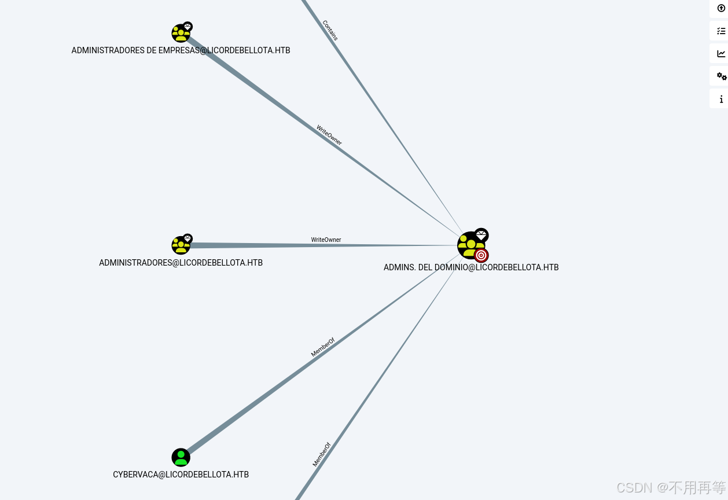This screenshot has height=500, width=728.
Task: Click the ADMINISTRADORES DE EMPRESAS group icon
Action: click(180, 34)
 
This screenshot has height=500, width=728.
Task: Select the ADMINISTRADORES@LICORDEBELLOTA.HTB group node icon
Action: click(180, 245)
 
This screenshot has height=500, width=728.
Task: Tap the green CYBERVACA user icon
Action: click(181, 457)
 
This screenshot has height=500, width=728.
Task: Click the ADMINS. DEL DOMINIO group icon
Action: click(469, 245)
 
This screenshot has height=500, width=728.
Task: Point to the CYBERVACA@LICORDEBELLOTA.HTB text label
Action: click(181, 475)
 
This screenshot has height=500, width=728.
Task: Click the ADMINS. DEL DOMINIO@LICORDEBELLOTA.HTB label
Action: click(470, 267)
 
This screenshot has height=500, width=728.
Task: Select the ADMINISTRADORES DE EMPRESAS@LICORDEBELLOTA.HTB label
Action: click(181, 50)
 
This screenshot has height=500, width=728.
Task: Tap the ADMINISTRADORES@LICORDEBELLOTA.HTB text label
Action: click(181, 263)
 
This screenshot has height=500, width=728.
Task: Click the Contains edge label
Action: click(330, 30)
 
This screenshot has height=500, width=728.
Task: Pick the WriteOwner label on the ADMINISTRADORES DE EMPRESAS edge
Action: click(329, 135)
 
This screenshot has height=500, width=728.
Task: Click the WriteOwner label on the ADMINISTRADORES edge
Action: click(326, 240)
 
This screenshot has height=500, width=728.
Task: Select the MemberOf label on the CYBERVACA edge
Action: click(322, 347)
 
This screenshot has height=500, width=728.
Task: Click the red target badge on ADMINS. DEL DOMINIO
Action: click(481, 255)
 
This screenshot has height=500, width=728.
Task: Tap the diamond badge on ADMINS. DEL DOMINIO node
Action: click(481, 234)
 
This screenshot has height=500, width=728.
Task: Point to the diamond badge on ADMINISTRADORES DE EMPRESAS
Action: click(187, 27)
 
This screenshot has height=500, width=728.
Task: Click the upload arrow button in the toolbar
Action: click(721, 8)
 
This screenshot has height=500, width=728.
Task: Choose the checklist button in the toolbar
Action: click(721, 31)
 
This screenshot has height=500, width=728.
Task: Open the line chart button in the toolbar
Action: click(721, 53)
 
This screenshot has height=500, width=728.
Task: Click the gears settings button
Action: click(721, 76)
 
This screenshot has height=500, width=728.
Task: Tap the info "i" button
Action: click(721, 99)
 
